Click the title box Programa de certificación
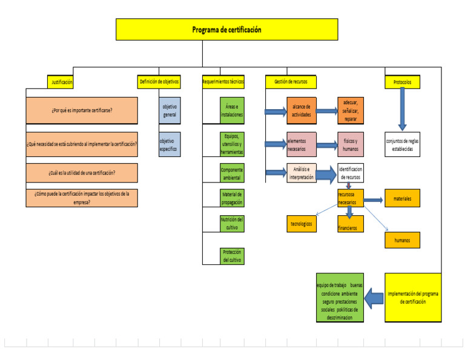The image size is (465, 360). pos(227,30)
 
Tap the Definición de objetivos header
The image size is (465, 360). pos(159,81)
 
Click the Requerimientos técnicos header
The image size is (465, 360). pos(223,81)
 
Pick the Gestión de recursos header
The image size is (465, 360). pos(291,81)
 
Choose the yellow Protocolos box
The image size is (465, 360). pos(402,81)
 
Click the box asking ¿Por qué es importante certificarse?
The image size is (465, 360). pos(82,111)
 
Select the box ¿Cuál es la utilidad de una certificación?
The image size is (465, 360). pos(82,173)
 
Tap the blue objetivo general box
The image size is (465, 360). pos(170,111)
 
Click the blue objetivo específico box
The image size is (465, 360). pos(170,145)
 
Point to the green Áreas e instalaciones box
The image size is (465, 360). pos(232,111)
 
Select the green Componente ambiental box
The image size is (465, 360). pos(232,174)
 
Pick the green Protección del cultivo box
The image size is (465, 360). pos(232,256)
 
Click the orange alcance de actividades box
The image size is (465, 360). pos(302,111)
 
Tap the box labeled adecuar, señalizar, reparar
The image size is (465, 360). pos(350,111)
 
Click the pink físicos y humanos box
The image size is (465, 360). pos(350,145)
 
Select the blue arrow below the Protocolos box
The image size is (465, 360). pos(402,109)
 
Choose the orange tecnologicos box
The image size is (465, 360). pos(302,224)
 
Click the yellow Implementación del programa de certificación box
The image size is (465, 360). pos(412,298)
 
